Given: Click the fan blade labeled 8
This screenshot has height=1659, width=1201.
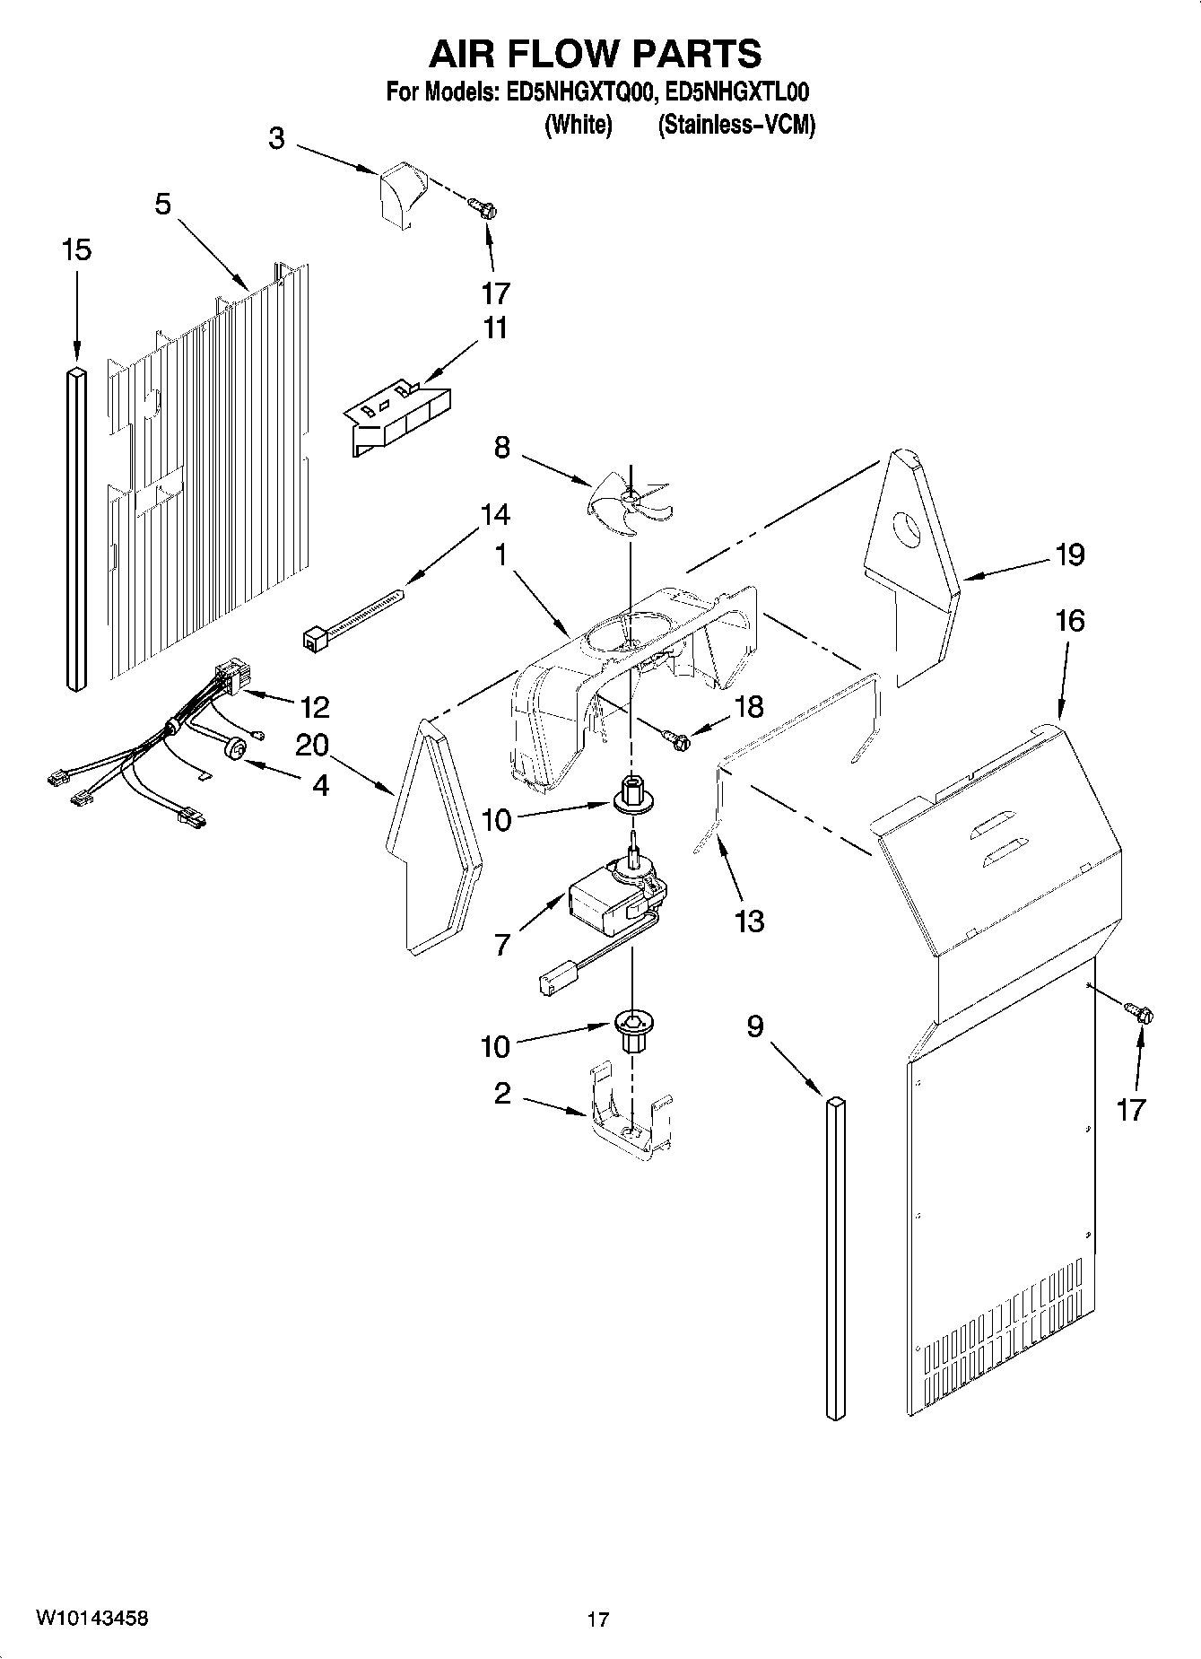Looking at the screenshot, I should click(631, 499).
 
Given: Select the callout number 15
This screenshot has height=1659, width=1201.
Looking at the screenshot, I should click(76, 249).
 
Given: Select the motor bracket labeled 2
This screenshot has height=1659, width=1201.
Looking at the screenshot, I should click(632, 1113).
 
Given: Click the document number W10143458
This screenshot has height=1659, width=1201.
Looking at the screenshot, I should click(91, 1619).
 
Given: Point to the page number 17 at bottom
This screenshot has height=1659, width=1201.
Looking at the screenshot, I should click(598, 1620).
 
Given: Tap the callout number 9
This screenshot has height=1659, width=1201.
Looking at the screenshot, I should click(754, 1026).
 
